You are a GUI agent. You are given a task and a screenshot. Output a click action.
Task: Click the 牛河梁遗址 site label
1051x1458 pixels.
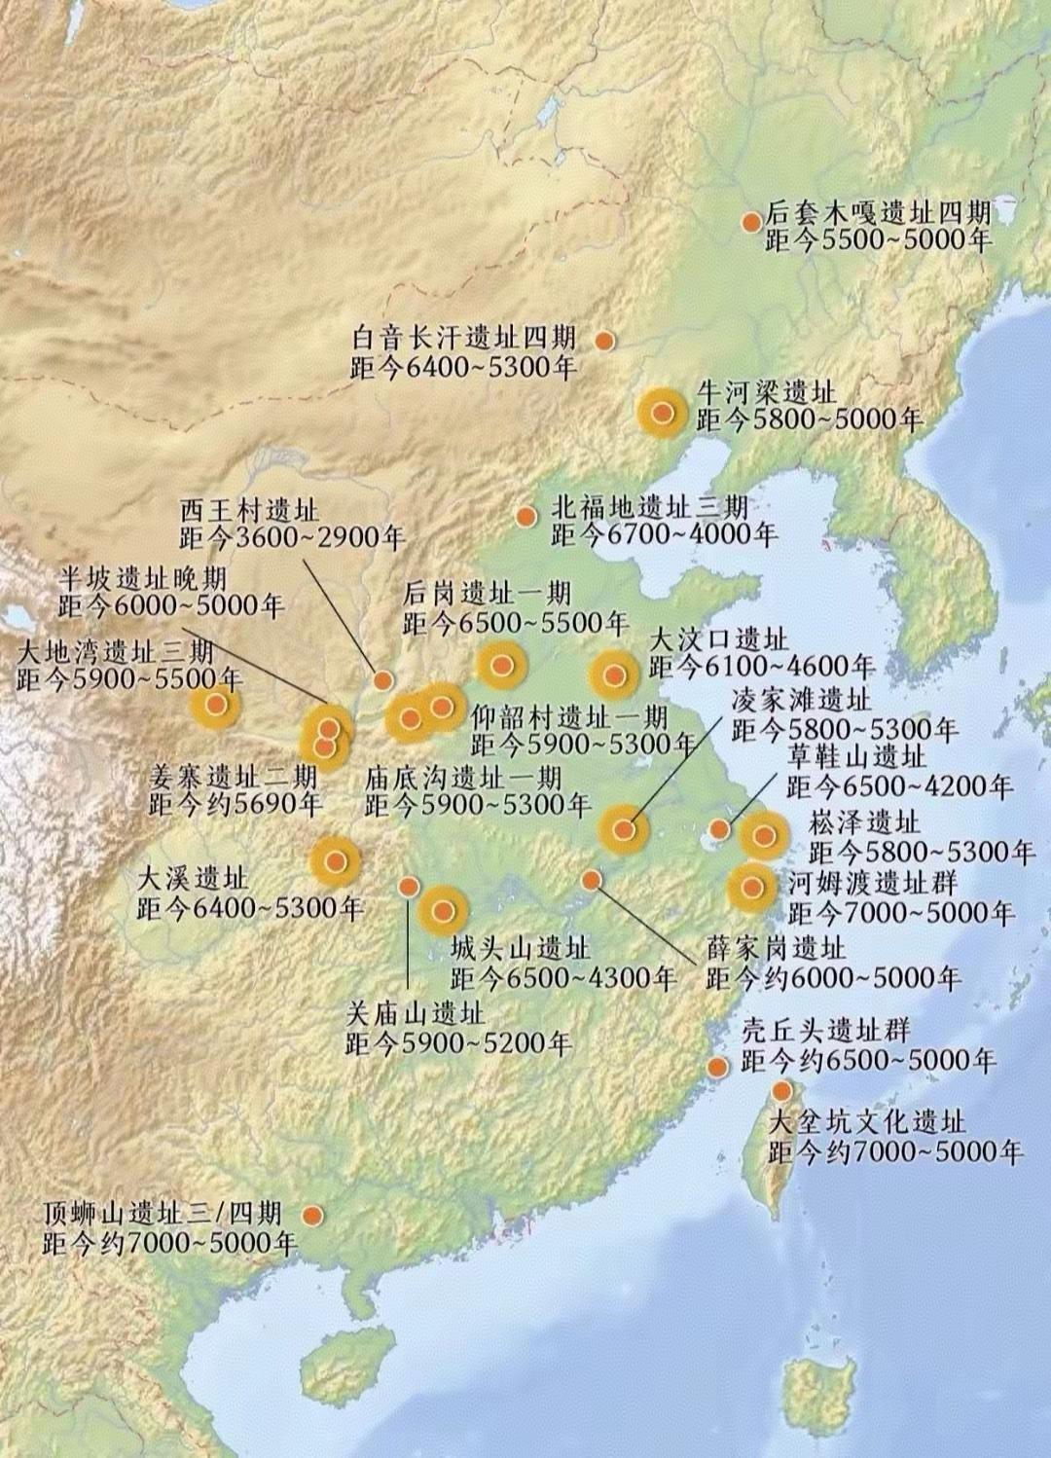point(766,392)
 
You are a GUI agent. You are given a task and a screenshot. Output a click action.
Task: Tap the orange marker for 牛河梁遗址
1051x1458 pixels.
point(663,413)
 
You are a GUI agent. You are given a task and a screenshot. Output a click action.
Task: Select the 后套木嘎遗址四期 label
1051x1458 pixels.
point(878,212)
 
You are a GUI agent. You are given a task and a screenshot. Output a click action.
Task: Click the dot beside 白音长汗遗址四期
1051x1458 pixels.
point(603,341)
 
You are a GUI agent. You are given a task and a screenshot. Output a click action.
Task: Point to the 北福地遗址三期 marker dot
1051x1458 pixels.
point(525,516)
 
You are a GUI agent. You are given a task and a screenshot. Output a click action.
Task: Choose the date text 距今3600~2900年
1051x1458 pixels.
point(292,537)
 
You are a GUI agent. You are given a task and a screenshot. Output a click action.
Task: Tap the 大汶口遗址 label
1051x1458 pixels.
point(718,639)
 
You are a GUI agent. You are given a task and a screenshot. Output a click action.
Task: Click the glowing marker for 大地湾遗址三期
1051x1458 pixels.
point(216,705)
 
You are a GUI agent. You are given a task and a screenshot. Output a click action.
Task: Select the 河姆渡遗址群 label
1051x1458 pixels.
point(873,884)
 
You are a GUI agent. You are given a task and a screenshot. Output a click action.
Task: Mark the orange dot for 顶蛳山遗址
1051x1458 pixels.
point(312,1216)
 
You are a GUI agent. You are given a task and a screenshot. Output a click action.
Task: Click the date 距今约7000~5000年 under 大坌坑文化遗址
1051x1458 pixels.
point(895,1152)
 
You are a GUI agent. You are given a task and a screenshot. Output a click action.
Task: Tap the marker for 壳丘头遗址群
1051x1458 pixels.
point(718,1067)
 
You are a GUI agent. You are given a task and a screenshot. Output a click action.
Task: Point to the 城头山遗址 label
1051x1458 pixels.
point(520,948)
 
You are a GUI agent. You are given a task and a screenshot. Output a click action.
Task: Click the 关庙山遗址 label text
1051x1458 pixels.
point(415,1013)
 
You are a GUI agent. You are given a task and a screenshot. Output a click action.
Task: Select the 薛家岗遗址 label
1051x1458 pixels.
point(776,948)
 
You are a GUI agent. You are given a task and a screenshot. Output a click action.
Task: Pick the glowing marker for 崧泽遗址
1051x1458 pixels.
point(763,835)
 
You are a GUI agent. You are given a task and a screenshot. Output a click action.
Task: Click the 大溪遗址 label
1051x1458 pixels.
point(192,879)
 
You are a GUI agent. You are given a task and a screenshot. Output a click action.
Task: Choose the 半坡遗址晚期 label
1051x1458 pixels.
point(142,578)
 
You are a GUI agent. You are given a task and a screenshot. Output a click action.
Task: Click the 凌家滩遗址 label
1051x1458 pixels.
point(801,700)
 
